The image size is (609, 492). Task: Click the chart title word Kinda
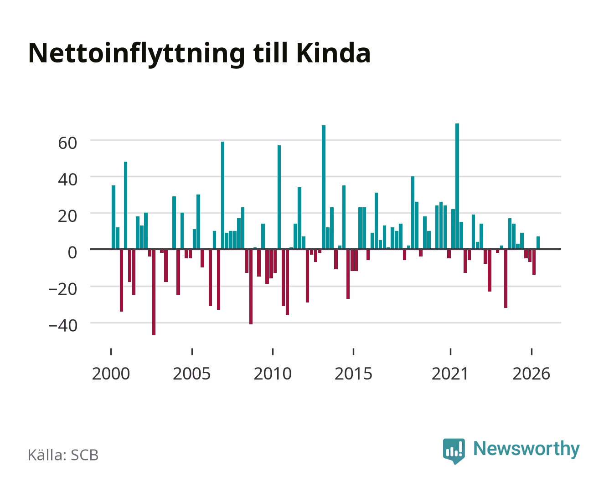[333, 53]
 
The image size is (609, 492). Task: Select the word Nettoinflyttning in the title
[137, 55]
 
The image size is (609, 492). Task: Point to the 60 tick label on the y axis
[67, 143]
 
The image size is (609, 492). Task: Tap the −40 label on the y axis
[63, 325]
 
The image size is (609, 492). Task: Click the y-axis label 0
[72, 252]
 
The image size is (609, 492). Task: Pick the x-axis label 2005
[191, 374]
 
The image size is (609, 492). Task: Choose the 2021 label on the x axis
[450, 374]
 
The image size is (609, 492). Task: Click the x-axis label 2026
[531, 374]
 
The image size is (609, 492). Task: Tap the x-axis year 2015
[353, 374]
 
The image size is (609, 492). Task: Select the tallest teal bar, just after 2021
[457, 186]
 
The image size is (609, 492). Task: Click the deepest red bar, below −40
[154, 292]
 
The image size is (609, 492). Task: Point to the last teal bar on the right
[538, 243]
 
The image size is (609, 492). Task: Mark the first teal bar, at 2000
[114, 217]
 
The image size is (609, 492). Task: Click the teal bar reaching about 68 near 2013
[324, 187]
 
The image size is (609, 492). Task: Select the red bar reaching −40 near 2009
[251, 287]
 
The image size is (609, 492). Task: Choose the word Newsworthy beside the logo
[526, 449]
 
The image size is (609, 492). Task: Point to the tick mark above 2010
[273, 351]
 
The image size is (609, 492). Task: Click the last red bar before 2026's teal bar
[534, 262]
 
